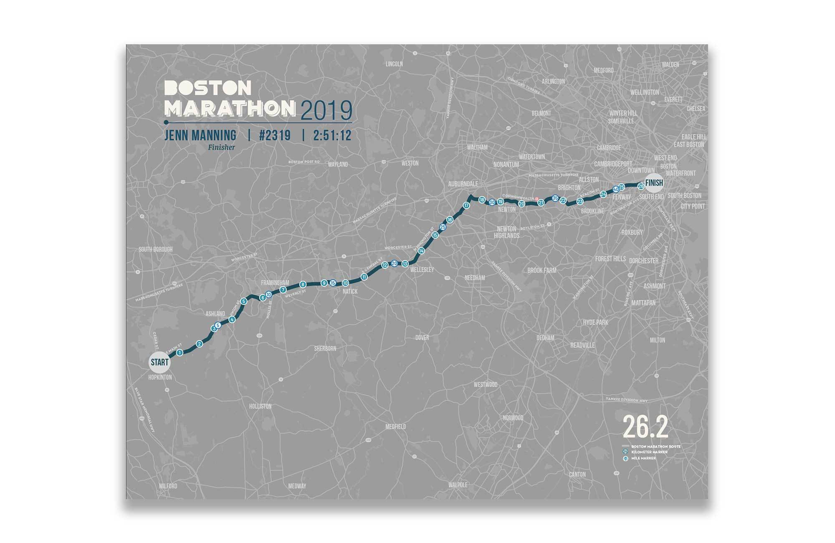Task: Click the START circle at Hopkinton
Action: tap(159, 362)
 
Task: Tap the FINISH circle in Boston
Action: tap(654, 183)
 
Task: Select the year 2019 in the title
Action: tap(326, 111)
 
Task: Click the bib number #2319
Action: tap(275, 135)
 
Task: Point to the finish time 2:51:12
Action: tap(332, 135)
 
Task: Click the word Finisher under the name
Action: tap(221, 147)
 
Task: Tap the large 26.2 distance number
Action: tap(645, 427)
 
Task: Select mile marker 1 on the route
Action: tap(180, 353)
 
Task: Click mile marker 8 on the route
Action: tap(303, 284)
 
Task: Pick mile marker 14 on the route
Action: tap(421, 251)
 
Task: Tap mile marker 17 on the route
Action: tap(466, 206)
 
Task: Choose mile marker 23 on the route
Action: tap(580, 201)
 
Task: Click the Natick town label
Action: tap(350, 292)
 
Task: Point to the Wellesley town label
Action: tap(422, 270)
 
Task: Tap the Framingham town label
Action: tap(275, 283)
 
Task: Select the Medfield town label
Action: tap(395, 426)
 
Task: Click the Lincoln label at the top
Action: tap(394, 64)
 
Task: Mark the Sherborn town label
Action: tap(325, 348)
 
